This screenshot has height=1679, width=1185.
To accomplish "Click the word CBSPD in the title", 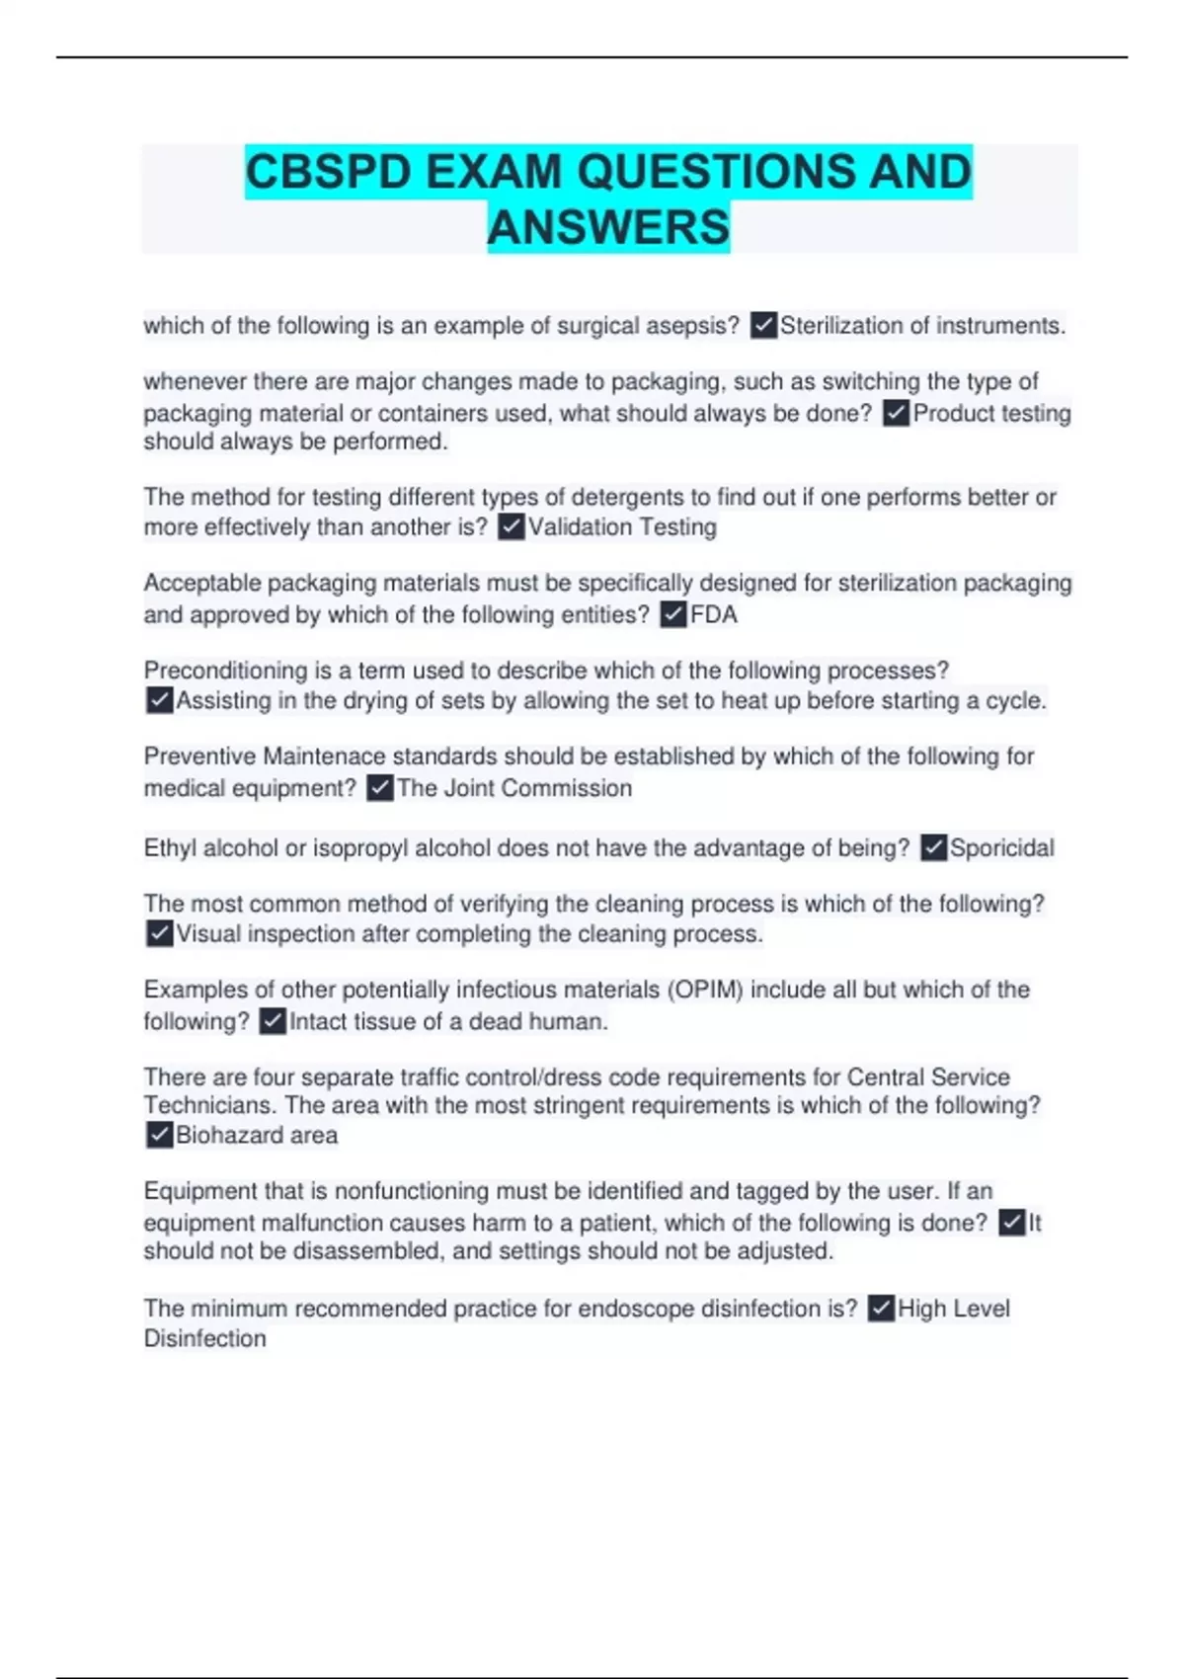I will [328, 172].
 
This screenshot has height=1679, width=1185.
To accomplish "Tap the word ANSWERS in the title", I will [608, 227].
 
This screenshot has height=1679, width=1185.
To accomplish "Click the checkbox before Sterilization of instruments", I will [763, 325].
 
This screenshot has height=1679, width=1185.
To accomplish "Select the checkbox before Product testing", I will [896, 413].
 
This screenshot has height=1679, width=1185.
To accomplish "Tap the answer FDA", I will [713, 615].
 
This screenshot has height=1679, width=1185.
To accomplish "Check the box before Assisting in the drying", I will [159, 701].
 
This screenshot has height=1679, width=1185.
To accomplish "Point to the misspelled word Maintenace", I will [324, 757].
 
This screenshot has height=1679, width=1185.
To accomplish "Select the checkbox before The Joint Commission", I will [380, 788].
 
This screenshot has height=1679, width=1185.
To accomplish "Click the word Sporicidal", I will [1001, 848].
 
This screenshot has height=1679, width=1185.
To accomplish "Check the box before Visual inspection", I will [159, 934].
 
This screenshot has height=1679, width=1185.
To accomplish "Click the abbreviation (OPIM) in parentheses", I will [705, 990].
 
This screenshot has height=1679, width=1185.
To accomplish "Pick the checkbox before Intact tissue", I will [273, 1021].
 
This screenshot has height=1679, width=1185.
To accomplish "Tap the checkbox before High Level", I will [881, 1309].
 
